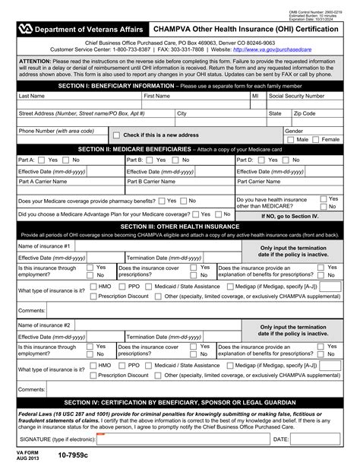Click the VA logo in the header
[x=27, y=29]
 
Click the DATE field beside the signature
[x=316, y=439]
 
